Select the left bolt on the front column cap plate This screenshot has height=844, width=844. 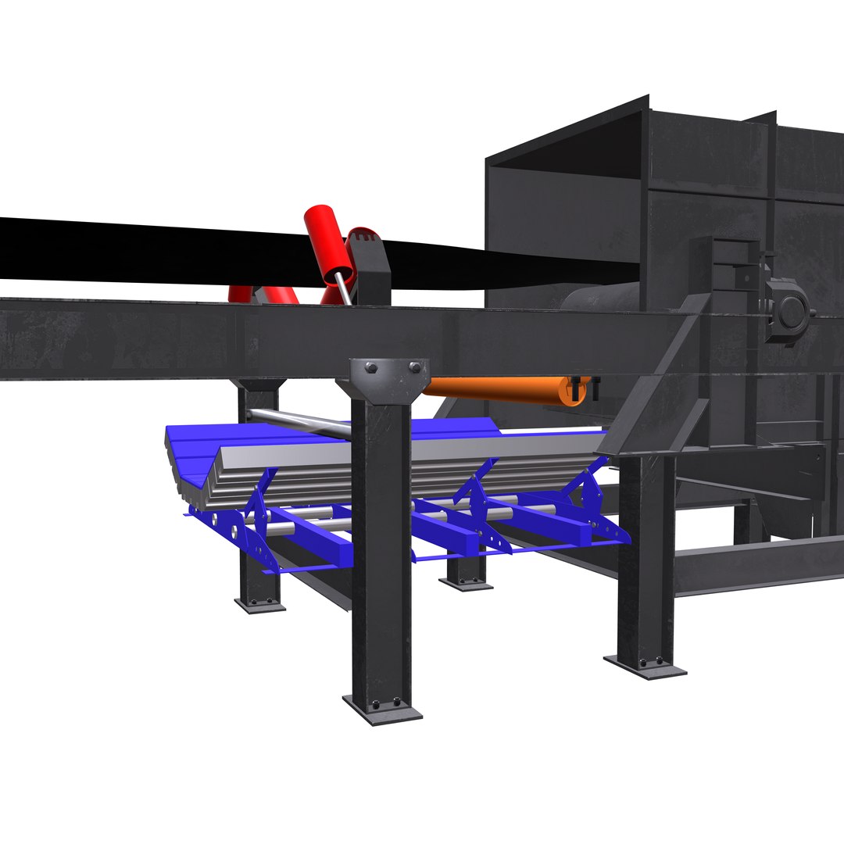[370, 368]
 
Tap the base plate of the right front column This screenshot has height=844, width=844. [645, 667]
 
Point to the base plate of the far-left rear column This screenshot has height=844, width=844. [259, 604]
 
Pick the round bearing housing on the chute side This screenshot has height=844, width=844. [790, 313]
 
